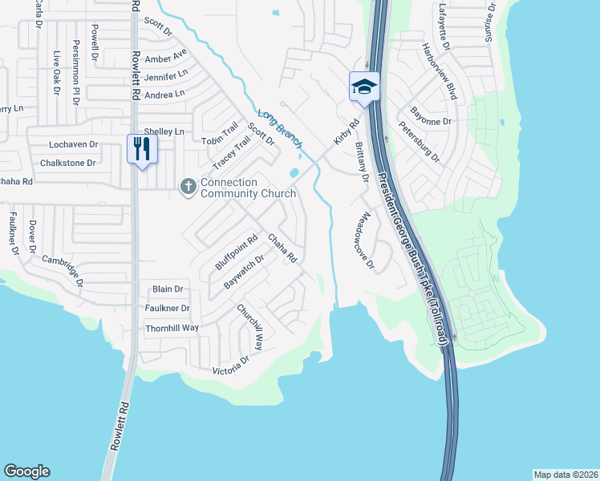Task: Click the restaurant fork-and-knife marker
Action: click(142, 148)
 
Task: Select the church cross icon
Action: click(189, 188)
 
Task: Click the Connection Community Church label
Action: click(248, 188)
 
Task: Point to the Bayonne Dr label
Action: click(431, 119)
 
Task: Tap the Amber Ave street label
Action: click(165, 60)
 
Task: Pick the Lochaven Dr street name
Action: click(72, 145)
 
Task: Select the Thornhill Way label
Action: click(171, 328)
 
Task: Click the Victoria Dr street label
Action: click(230, 366)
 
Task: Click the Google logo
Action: click(26, 471)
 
